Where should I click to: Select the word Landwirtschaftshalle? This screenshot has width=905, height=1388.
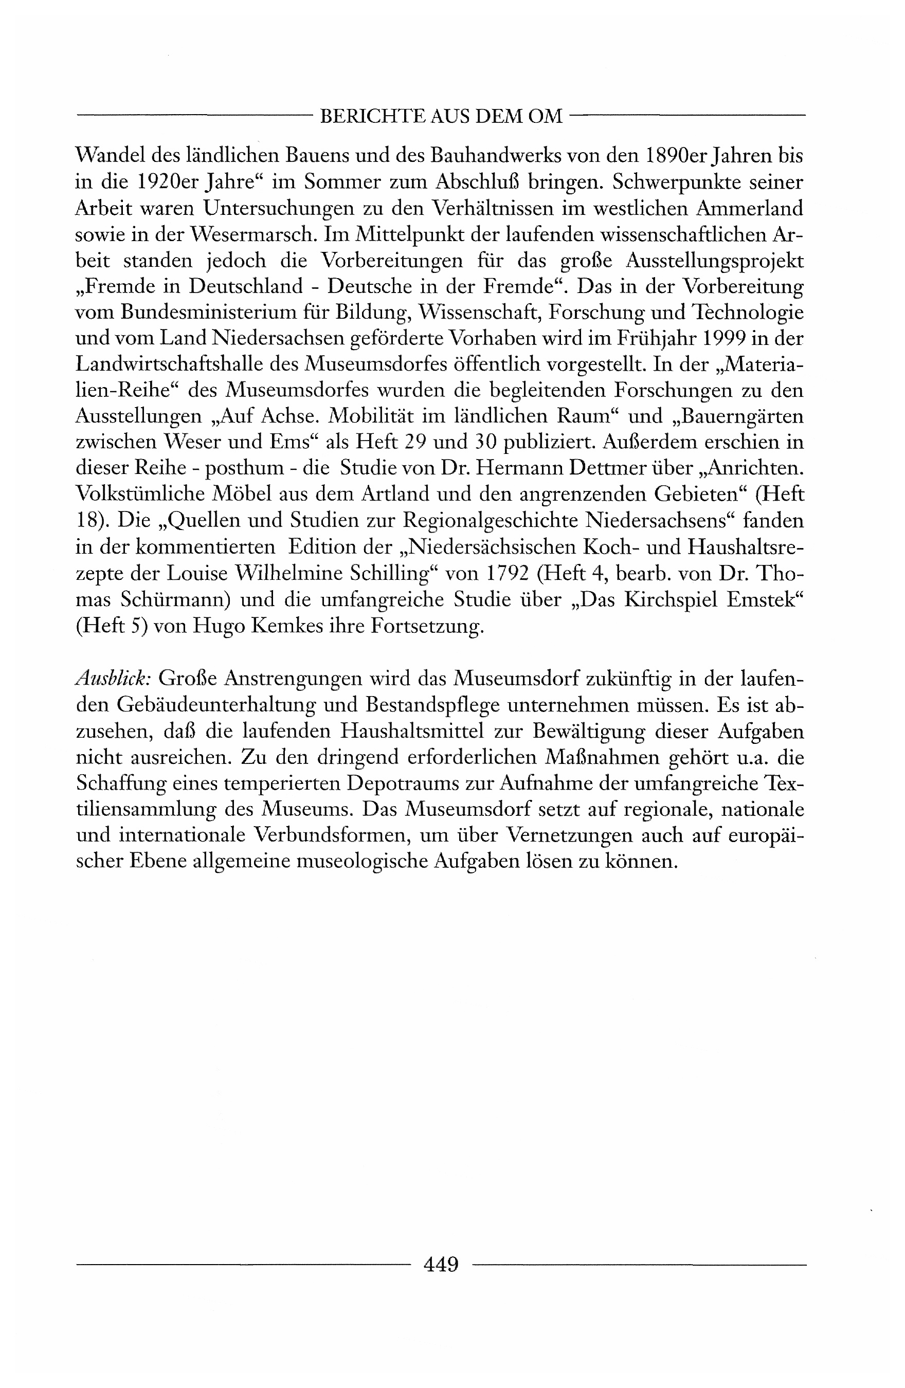tap(187, 364)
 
